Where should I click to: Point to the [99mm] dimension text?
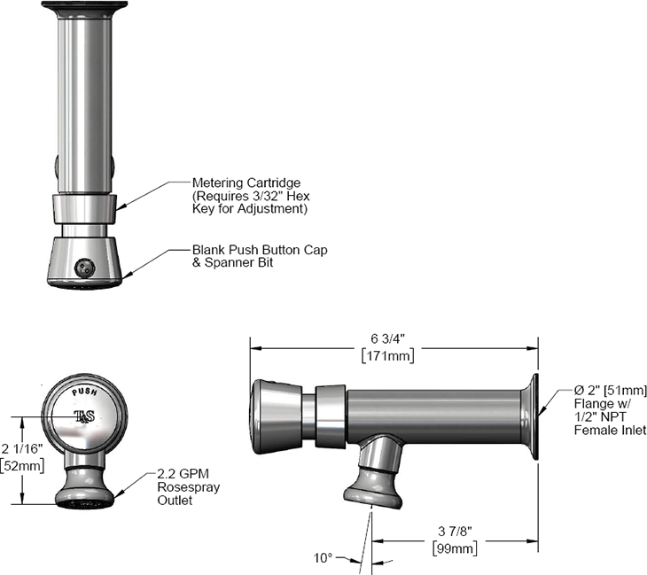point(454,548)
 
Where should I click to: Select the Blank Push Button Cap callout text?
point(260,250)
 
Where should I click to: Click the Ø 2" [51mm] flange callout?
point(599,390)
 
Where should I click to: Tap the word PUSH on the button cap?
point(84,391)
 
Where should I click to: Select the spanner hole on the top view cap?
point(85,264)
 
